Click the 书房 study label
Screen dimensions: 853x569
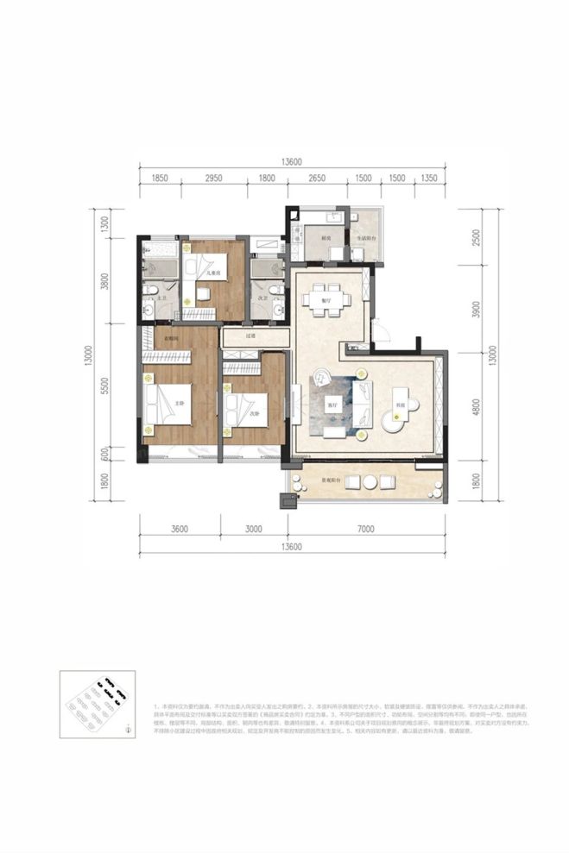pos(400,405)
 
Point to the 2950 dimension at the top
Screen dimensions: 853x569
pos(213,177)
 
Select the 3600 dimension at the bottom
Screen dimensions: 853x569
pos(180,530)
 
